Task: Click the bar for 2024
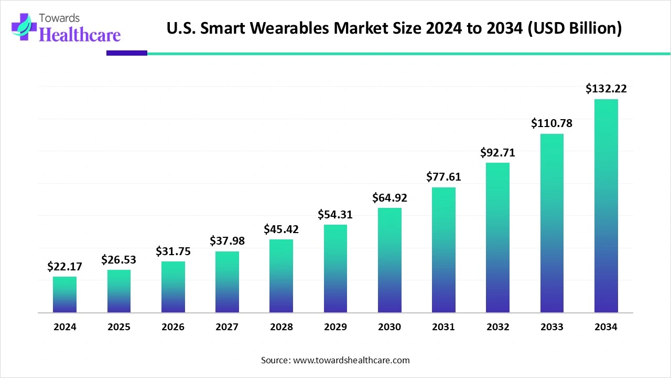click(64, 295)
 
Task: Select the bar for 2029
click(335, 268)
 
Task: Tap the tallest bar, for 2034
click(607, 206)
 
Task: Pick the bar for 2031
click(443, 250)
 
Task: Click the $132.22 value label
click(607, 89)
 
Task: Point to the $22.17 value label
click(64, 266)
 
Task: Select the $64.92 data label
click(389, 198)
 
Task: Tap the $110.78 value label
click(552, 123)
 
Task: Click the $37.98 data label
click(228, 240)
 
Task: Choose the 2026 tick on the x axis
click(173, 327)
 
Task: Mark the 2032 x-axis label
click(498, 327)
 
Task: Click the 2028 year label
click(282, 327)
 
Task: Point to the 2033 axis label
click(552, 327)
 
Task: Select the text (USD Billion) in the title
click(575, 28)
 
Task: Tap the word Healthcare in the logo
click(80, 35)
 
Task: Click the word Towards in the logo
click(59, 18)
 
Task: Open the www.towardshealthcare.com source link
click(351, 360)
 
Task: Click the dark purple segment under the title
click(127, 53)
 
